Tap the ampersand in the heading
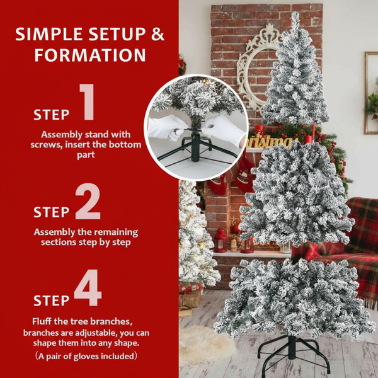pos(157,34)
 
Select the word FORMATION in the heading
pos(90,55)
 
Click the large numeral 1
pos(87,101)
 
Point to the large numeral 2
pos(88,201)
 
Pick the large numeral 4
pos(88,287)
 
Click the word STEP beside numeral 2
pos(52,212)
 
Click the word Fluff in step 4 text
pos(42,321)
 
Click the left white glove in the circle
pos(166,127)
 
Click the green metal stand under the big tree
pos(292,352)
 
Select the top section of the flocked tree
pos(296,72)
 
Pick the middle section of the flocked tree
pos(297,193)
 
